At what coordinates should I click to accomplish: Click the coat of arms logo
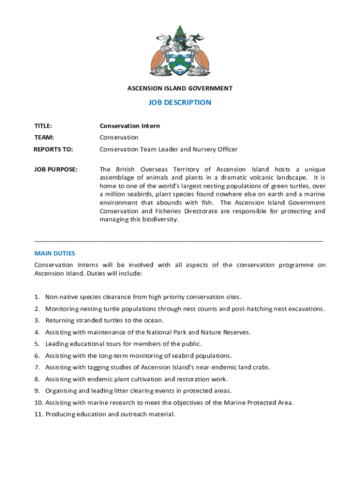[x=180, y=51]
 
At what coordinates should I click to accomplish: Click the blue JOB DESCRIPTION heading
[x=180, y=102]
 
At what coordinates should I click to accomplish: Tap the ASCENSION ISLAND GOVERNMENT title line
[x=180, y=88]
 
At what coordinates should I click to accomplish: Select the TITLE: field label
[x=43, y=126]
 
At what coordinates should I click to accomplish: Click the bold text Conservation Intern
[x=130, y=126]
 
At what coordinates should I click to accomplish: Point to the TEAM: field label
[x=44, y=138]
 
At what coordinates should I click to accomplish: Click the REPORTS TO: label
[x=53, y=149]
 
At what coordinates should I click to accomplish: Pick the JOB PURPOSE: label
[x=56, y=169]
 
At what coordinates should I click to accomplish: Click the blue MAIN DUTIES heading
[x=55, y=253]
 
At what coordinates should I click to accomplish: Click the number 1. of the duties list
[x=36, y=297]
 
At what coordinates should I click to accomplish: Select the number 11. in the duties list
[x=38, y=414]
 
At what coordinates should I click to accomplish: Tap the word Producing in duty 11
[x=60, y=414]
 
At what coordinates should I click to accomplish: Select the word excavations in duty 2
[x=306, y=309]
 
